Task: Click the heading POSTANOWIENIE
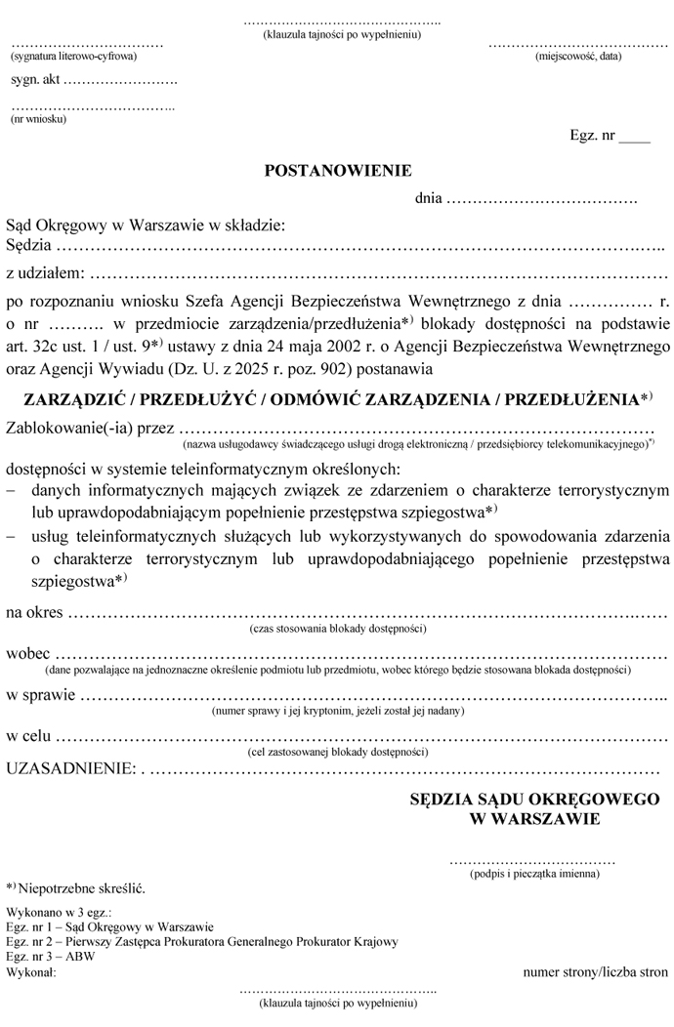pyautogui.click(x=338, y=171)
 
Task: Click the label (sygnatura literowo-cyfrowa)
pyautogui.click(x=73, y=58)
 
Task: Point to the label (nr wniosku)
pyautogui.click(x=38, y=119)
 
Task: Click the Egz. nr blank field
pyautogui.click(x=634, y=137)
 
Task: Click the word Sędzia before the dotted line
pyautogui.click(x=28, y=244)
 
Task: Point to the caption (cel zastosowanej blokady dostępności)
pyautogui.click(x=339, y=753)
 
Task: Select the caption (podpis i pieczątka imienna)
pyautogui.click(x=531, y=874)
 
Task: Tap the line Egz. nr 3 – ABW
pyautogui.click(x=43, y=958)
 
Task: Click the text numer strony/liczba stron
pyautogui.click(x=595, y=972)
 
